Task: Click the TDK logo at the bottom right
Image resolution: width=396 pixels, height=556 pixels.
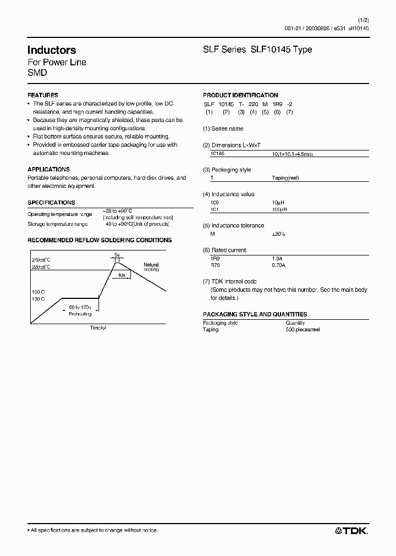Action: (x=351, y=530)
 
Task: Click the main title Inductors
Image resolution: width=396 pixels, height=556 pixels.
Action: (x=52, y=50)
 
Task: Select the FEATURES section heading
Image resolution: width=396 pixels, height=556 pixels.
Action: (x=42, y=95)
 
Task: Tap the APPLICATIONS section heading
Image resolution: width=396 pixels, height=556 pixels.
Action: (x=48, y=170)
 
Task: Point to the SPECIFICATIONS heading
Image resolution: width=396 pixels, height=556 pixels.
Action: (x=51, y=203)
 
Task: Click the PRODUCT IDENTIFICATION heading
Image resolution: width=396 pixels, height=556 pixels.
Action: (x=240, y=95)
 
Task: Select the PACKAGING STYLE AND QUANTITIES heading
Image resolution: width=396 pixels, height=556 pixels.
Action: (x=255, y=314)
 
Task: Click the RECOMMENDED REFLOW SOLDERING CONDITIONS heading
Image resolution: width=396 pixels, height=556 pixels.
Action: (x=100, y=240)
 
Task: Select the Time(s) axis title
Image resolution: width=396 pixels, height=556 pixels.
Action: (x=98, y=327)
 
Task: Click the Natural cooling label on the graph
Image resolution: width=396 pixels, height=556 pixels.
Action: (x=151, y=267)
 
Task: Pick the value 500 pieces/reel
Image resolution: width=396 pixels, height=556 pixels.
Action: (x=302, y=330)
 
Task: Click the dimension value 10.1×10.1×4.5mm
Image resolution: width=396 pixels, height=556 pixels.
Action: (x=293, y=154)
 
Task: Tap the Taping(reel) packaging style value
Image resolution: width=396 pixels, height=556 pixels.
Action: (x=285, y=178)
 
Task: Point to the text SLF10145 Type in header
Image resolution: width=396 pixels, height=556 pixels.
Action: (x=281, y=49)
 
